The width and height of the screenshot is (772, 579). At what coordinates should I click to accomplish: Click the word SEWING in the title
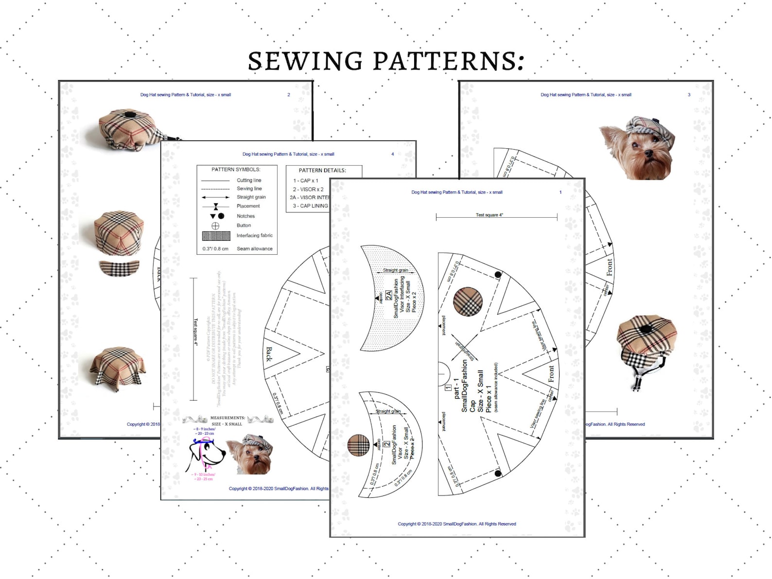(305, 61)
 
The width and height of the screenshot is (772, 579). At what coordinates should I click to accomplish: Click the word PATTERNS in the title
(448, 61)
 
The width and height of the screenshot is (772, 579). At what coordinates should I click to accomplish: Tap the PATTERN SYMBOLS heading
(236, 170)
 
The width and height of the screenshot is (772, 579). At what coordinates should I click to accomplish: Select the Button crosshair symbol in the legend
(215, 226)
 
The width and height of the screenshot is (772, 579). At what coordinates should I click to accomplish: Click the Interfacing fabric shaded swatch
(216, 236)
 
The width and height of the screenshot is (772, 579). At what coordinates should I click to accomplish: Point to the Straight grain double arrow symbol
(215, 197)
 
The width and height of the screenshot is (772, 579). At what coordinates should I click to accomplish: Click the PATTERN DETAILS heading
(322, 171)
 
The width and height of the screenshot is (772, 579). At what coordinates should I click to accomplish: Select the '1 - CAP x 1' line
(306, 180)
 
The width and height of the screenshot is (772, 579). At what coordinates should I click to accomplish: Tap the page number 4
(393, 154)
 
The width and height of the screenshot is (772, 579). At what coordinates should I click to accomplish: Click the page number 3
(689, 95)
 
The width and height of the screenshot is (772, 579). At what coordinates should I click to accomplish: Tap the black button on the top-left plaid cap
(130, 115)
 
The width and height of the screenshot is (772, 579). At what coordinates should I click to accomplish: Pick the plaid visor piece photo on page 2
(119, 268)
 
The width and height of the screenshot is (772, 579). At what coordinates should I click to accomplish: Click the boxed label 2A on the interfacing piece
(388, 295)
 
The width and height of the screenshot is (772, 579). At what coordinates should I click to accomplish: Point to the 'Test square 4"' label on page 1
(489, 215)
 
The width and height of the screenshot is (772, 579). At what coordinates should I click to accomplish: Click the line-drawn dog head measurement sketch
(207, 454)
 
